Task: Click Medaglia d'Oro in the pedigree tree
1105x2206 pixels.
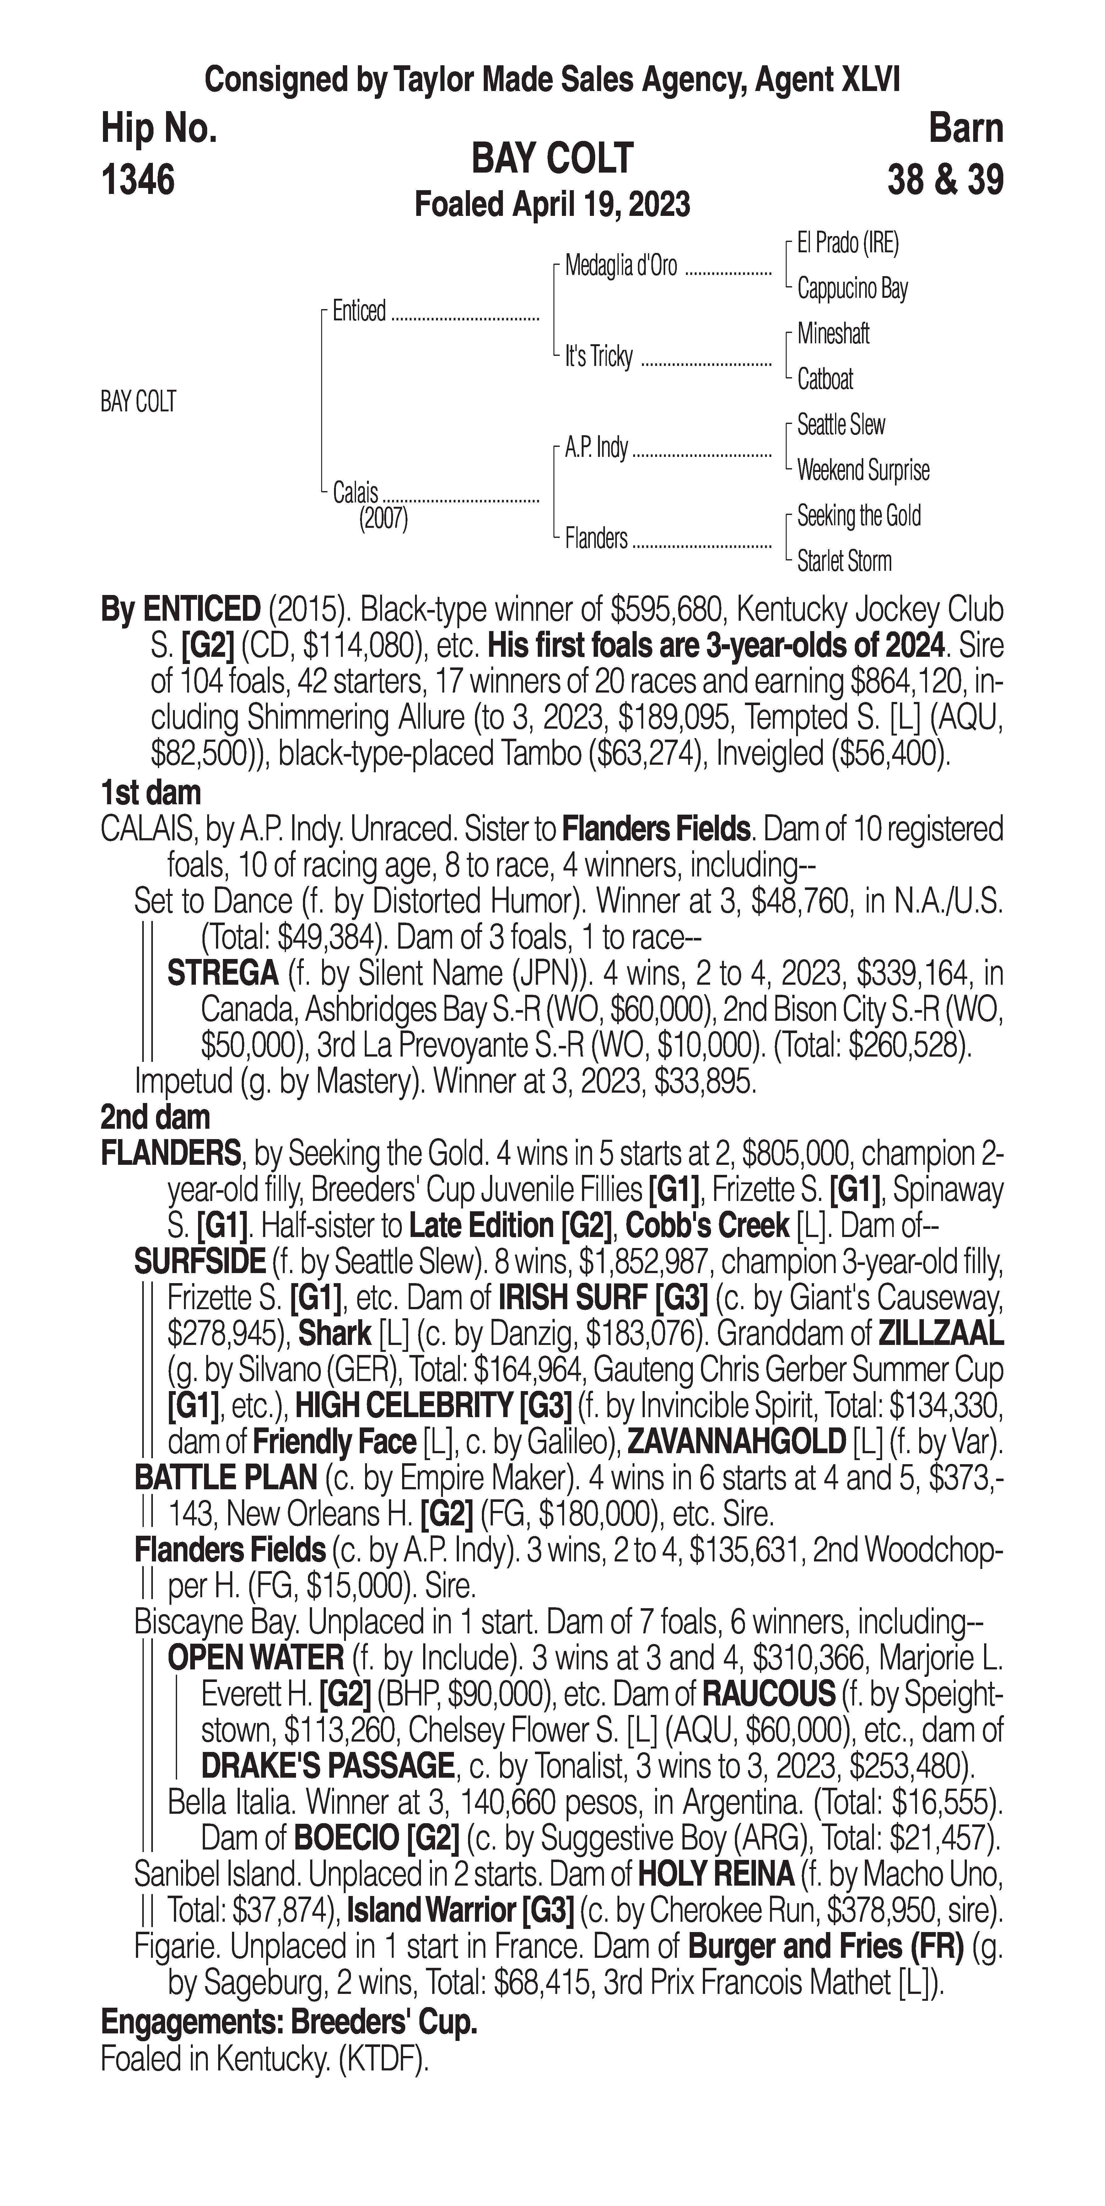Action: (x=621, y=266)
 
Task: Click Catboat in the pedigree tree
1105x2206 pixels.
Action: (x=825, y=378)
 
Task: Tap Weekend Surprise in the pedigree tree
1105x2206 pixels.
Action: (x=863, y=470)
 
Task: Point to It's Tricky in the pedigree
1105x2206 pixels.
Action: (x=599, y=356)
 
